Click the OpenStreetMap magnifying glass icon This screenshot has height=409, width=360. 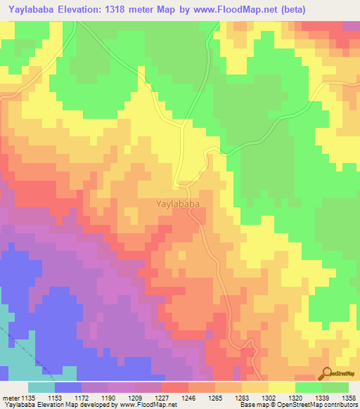(x=326, y=373)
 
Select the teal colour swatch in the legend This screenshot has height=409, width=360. (x=41, y=387)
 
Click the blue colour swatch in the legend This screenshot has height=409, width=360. (x=68, y=387)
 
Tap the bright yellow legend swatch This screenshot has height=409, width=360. (x=281, y=387)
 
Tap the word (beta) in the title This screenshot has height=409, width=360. (x=334, y=11)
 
